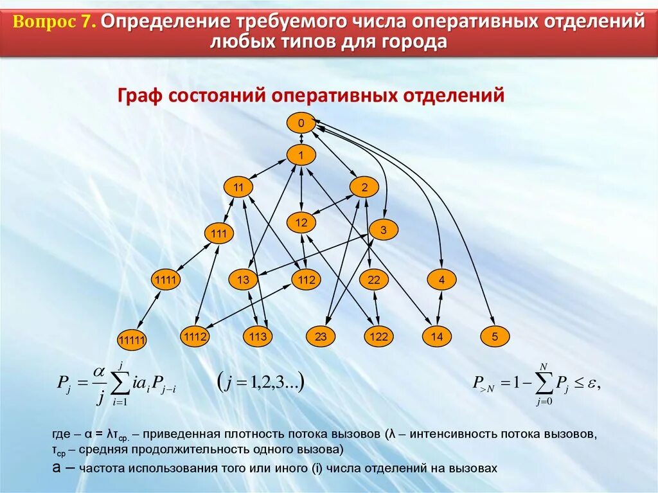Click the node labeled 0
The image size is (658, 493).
[301, 123]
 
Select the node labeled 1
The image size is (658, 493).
[301, 155]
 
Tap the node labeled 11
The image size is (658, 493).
[239, 188]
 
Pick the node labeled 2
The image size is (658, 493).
[364, 188]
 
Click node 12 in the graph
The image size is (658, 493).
[301, 223]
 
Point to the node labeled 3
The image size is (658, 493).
[382, 229]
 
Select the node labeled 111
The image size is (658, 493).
[219, 234]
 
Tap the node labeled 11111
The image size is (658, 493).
[132, 340]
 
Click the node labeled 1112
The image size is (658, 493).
[195, 336]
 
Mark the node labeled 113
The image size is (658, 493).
[258, 336]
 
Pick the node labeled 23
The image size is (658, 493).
[321, 336]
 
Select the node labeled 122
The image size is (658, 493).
[379, 336]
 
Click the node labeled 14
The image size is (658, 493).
[437, 336]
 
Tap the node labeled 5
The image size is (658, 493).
[495, 336]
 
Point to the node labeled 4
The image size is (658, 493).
[441, 280]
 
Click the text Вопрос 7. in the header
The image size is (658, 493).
[54, 22]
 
